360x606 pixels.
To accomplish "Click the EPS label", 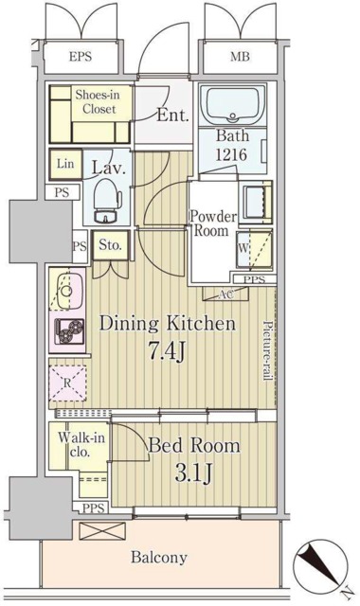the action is click(x=81, y=57).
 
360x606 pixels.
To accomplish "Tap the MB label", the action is click(x=240, y=57).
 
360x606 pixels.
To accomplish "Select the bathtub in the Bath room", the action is click(x=233, y=105).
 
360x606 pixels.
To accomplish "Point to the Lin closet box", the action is click(x=65, y=164).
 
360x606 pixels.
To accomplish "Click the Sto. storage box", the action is click(x=110, y=245).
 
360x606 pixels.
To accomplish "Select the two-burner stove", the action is click(x=70, y=331).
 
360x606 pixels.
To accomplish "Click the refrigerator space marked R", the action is click(x=67, y=383).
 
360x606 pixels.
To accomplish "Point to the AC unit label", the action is click(x=225, y=294).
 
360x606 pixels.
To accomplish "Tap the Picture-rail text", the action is click(x=267, y=350).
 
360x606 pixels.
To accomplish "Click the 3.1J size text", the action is click(x=193, y=472).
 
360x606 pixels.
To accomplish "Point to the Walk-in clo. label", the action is click(x=81, y=444).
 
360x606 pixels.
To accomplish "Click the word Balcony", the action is click(x=159, y=558).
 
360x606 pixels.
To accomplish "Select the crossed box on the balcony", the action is click(x=102, y=531).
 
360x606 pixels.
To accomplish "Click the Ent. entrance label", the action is click(x=172, y=115).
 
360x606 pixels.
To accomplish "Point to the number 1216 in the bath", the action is click(x=231, y=155).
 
